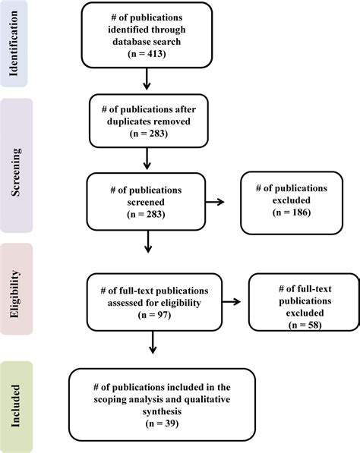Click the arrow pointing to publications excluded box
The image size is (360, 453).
(x=217, y=202)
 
